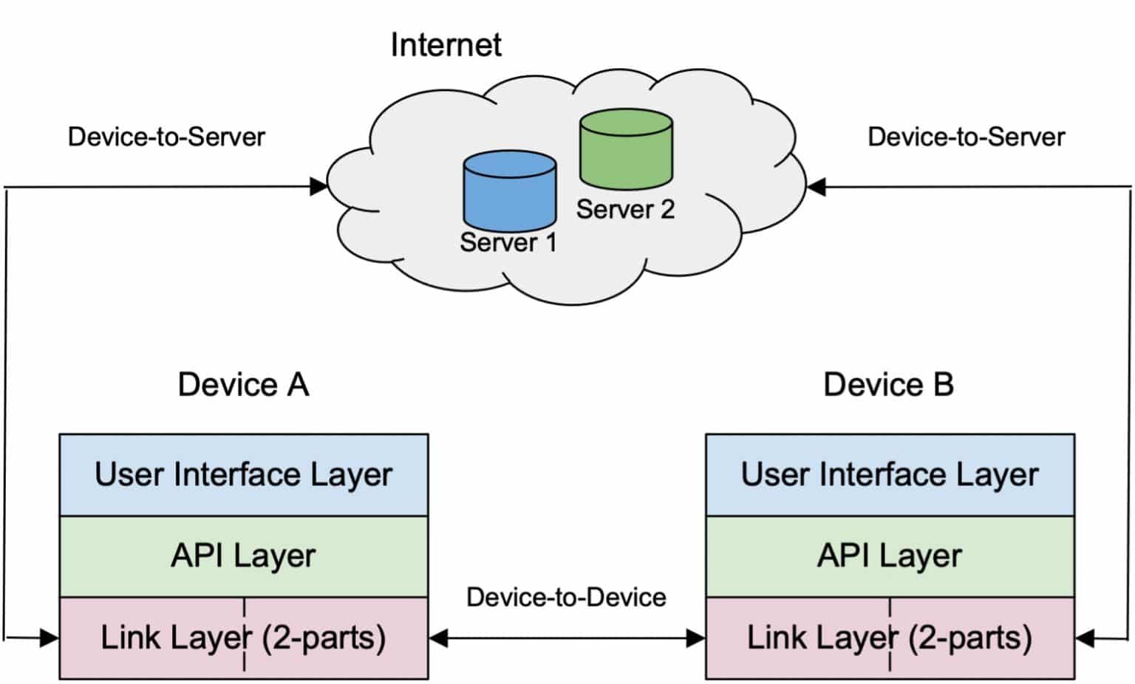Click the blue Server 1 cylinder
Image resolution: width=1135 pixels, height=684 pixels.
point(509,191)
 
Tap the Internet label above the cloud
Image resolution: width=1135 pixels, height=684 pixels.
point(446,45)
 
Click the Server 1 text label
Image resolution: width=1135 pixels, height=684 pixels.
point(508,242)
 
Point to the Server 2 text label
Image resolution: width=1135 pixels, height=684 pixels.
point(625,210)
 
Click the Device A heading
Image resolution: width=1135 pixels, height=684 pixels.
point(243,385)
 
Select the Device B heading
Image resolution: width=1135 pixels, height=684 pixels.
point(888,385)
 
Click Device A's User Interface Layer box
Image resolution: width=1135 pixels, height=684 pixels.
point(243,475)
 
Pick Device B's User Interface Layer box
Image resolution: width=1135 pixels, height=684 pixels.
point(890,475)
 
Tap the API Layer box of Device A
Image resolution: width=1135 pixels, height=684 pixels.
point(243,556)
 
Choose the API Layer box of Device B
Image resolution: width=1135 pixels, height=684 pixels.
point(890,556)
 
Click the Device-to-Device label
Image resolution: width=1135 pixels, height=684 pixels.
point(566,597)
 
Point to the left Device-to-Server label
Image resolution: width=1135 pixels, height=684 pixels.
point(166,137)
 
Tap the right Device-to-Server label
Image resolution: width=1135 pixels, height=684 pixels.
point(966,137)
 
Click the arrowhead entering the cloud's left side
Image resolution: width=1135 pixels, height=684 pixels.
point(319,186)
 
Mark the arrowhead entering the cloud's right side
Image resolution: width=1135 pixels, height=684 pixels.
point(816,187)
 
